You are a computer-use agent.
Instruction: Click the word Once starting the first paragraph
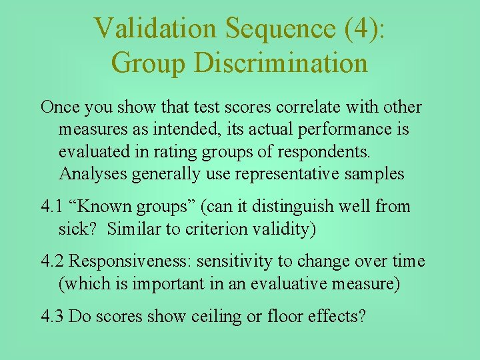[x=60, y=107]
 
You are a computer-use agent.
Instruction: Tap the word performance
[x=336, y=129]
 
